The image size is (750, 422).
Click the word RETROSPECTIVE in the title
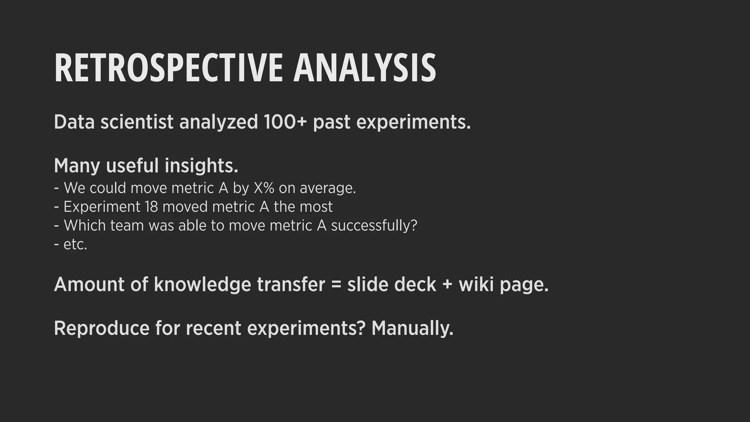168,69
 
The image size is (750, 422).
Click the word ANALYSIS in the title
364,69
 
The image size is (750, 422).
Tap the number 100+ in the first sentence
285,122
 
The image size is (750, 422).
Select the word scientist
137,122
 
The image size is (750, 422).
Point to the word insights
201,166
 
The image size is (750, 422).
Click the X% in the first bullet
264,188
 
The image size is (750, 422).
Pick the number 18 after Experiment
151,207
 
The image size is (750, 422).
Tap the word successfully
374,225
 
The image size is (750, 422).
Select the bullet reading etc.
75,244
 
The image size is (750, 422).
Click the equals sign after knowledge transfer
336,285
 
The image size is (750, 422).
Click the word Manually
412,328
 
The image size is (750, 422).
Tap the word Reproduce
101,328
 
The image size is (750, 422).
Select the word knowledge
202,285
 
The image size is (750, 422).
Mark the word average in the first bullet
327,188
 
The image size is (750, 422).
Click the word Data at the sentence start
74,122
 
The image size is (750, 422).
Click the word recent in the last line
213,328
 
